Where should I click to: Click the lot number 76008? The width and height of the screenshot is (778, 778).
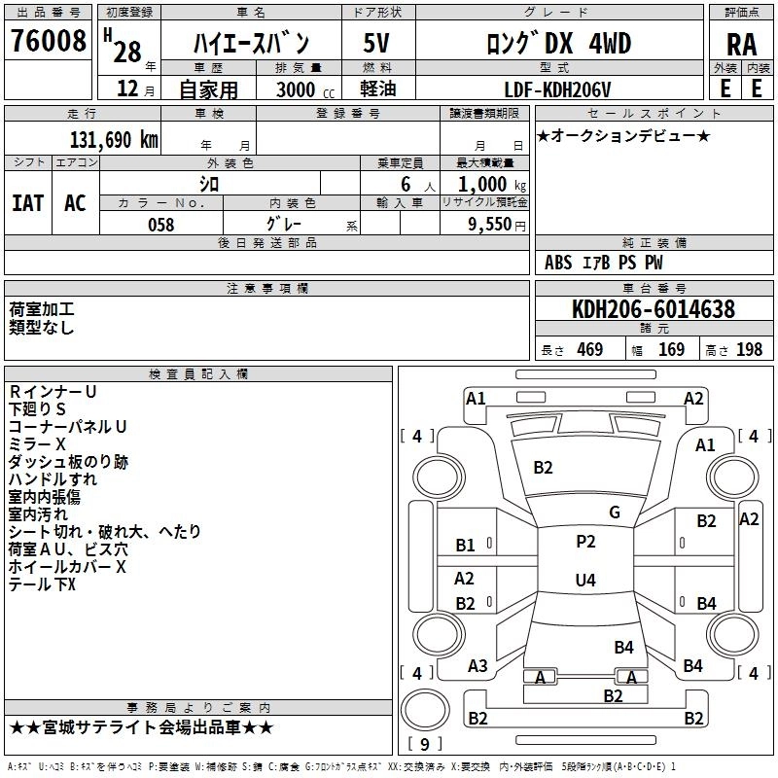point(49,42)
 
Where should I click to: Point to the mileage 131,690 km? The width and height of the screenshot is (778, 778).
point(114,140)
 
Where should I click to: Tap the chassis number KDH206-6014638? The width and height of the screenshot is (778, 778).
point(653,310)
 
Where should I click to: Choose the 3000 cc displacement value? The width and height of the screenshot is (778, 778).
point(295,89)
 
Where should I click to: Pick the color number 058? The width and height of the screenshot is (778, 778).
point(160,225)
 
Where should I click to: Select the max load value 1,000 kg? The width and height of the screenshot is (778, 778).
point(487,185)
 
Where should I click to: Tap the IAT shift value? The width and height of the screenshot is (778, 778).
point(27,202)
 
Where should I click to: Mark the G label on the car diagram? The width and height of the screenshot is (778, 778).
point(615,513)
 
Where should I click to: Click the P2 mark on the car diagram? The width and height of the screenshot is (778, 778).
point(585,542)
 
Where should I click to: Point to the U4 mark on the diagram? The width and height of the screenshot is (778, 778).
point(585,581)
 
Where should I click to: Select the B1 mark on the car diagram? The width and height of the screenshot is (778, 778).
point(465,546)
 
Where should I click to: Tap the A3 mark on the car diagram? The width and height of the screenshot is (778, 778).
point(477,666)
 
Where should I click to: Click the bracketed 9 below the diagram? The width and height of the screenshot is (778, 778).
point(425,745)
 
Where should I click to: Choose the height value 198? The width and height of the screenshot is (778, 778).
point(750,350)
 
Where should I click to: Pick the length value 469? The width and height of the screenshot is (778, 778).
point(589,350)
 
